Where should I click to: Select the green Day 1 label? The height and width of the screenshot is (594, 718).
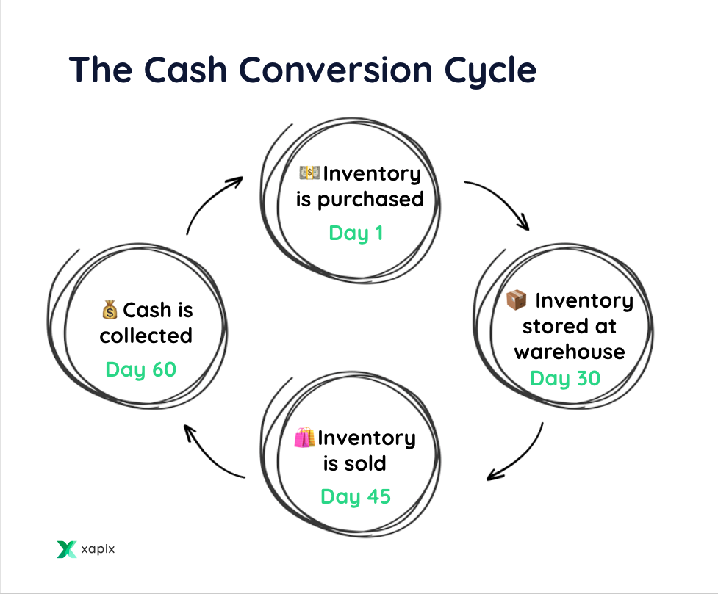(x=356, y=233)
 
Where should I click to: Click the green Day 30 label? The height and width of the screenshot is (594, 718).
(x=565, y=379)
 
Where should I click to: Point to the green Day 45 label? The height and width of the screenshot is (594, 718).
(x=356, y=496)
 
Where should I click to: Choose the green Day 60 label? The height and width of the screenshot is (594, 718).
(x=141, y=369)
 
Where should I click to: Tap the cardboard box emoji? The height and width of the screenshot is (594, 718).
(x=517, y=300)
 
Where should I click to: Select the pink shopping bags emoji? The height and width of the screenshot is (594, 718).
(x=304, y=438)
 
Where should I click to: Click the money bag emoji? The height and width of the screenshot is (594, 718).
(x=110, y=311)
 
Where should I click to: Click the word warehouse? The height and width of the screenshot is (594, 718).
(x=570, y=351)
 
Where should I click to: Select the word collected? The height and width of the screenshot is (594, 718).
(x=146, y=336)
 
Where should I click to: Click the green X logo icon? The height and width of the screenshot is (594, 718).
(x=67, y=549)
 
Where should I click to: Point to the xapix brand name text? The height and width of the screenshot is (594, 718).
(x=98, y=549)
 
